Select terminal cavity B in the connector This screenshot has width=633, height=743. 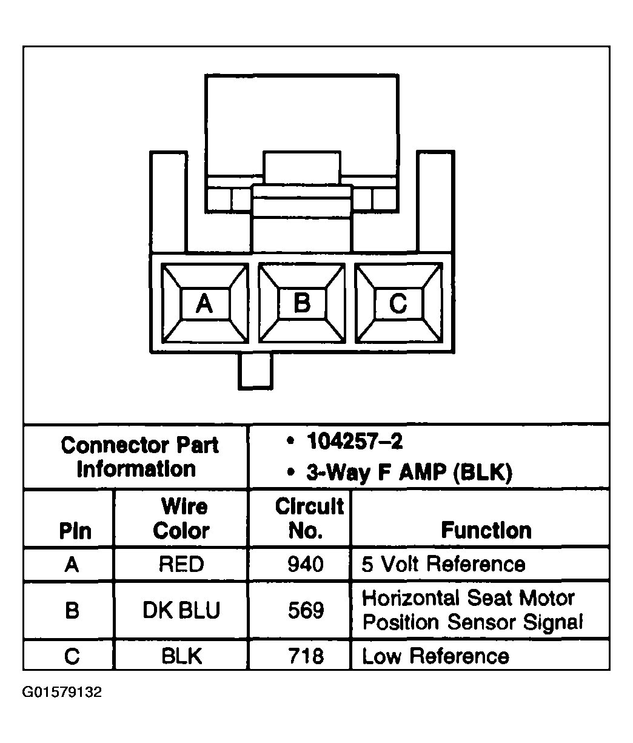coord(301,303)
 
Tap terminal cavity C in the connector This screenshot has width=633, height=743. coord(398,303)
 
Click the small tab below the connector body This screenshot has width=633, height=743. coord(255,371)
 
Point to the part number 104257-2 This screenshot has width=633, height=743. coord(355,442)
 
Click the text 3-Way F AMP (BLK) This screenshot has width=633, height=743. coord(409,472)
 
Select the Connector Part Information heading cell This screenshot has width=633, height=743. coord(139,457)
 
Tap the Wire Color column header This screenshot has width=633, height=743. coord(181,519)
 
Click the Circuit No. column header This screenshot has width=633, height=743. coord(309,519)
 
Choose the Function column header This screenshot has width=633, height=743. coord(486,530)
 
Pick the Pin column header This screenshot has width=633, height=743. coord(75,531)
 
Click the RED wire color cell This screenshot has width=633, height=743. coord(181,565)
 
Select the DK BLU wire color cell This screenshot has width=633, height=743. coord(181,610)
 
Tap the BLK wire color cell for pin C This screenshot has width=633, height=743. coord(181,656)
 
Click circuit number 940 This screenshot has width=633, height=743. coord(306,565)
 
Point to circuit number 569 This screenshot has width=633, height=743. coord(306,610)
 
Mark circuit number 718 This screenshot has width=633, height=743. coord(306,656)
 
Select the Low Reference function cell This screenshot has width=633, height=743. coord(435,656)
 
